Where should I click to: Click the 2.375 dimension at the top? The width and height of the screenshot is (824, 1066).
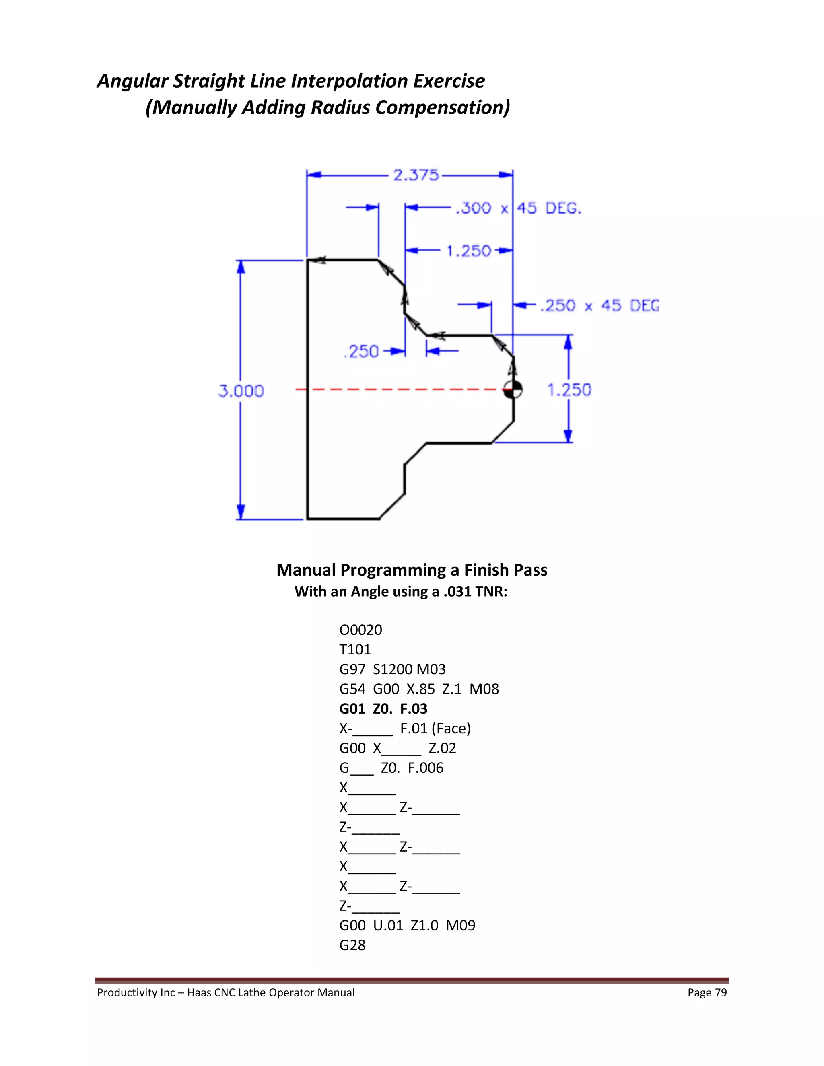click(416, 175)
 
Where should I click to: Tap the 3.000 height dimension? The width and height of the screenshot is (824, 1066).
click(241, 391)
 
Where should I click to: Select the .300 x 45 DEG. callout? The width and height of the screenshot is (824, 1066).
click(518, 208)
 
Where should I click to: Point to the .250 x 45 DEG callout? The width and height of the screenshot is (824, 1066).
click(599, 306)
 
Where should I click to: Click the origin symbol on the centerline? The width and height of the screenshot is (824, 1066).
click(513, 389)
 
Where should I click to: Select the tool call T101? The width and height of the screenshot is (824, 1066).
click(355, 650)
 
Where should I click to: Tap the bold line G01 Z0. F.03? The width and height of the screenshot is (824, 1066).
click(383, 709)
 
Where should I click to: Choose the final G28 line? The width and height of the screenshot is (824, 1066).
click(352, 945)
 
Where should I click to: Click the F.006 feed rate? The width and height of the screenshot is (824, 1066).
click(425, 768)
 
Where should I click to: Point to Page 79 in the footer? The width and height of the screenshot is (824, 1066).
click(707, 992)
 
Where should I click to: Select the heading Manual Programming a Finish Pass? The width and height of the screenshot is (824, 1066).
click(412, 570)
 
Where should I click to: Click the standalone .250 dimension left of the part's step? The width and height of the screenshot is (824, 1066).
click(361, 352)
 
